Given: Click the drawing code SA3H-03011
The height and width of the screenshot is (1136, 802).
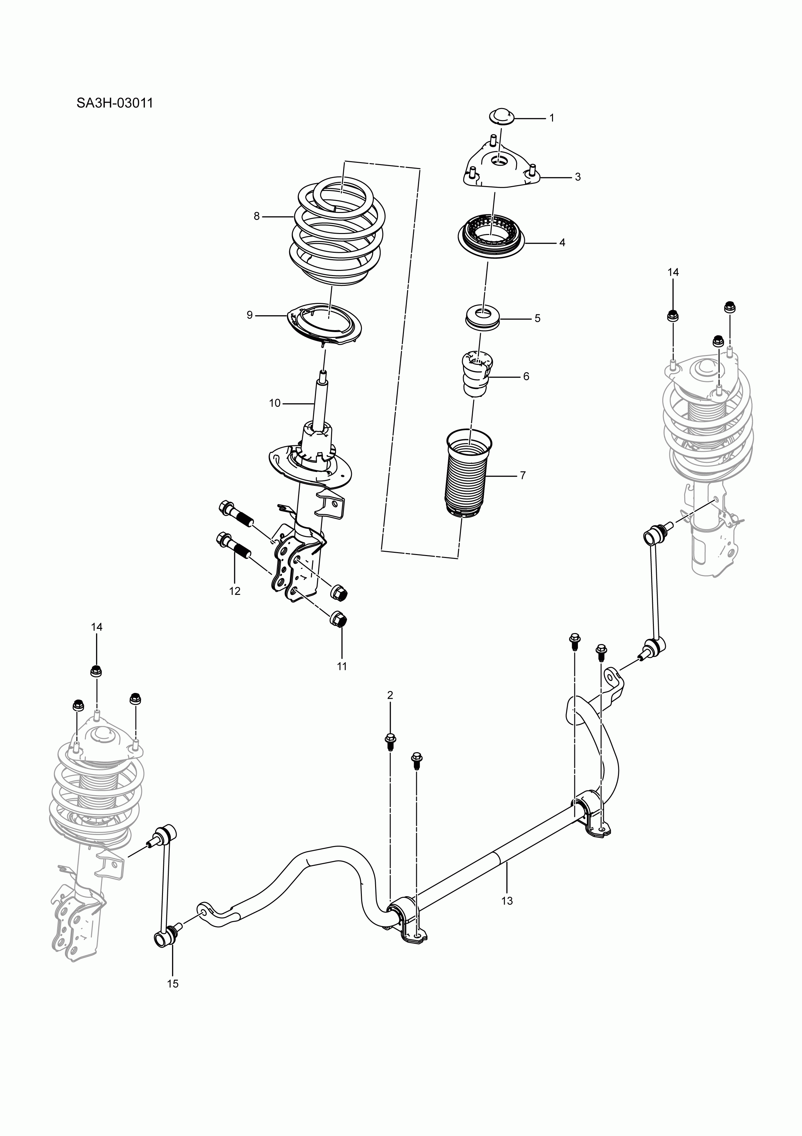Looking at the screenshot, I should tap(115, 104).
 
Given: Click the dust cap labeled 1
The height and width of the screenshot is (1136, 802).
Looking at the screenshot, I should tap(501, 116).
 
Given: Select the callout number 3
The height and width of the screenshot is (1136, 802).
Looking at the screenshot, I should tap(578, 177).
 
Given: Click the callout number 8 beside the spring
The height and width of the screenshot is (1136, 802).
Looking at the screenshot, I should tap(257, 216).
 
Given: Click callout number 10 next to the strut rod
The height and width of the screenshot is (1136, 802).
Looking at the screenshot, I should tap(275, 403).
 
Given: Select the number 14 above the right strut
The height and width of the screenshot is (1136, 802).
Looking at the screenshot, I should tap(673, 272).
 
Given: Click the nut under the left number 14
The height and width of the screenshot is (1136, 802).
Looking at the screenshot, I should tap(96, 672).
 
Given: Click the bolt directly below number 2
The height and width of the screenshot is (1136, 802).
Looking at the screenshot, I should tap(390, 754).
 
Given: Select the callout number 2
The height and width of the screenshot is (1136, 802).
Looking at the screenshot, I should tap(390, 695).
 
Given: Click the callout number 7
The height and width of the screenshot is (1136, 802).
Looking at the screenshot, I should tap(523, 475).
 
